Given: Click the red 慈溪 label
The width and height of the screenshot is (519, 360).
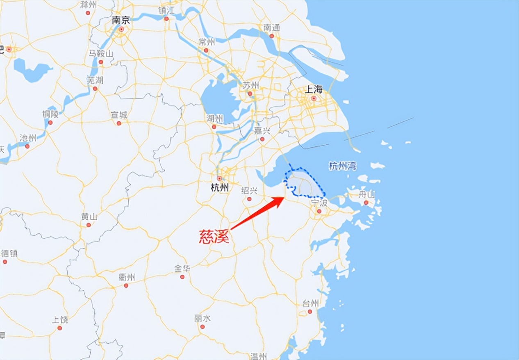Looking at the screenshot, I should click(214, 237).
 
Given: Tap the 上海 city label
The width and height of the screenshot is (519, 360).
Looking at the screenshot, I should click(314, 90).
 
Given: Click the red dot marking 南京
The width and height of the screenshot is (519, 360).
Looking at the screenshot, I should click(121, 30).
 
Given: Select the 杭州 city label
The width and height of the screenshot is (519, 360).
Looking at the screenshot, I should click(219, 188).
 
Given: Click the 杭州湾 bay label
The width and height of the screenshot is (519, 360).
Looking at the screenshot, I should click(342, 166).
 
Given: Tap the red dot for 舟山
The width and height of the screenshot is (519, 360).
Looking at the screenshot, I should click(366, 203).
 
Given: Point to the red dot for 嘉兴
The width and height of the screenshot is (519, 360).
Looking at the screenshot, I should click(262, 139).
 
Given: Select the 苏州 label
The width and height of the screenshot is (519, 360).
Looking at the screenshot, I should click(250, 85).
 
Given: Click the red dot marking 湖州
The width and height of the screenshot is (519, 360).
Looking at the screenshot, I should click(214, 127).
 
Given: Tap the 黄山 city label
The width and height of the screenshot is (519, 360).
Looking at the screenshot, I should click(89, 216).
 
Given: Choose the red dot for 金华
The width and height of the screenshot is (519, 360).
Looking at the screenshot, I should click(182, 277).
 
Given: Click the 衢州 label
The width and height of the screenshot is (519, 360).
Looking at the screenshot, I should click(126, 277).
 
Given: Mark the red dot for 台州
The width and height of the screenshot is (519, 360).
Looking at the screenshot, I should click(310, 312).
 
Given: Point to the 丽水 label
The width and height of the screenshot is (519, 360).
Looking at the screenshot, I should click(203, 318).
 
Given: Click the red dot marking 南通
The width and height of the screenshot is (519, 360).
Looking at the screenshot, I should click(271, 36).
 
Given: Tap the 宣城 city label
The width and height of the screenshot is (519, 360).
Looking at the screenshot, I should click(119, 115).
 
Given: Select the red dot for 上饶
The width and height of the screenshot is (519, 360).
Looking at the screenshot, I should click(60, 328).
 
